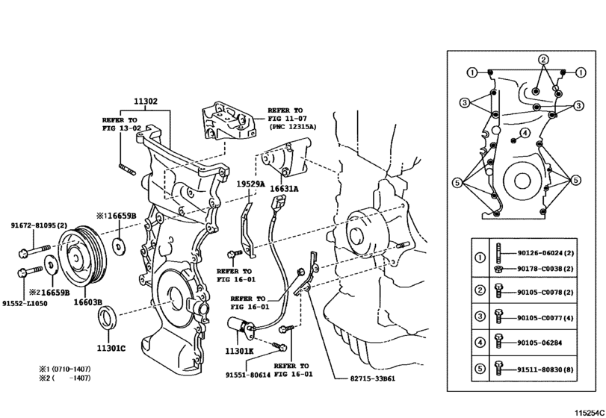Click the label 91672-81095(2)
tap(40, 225)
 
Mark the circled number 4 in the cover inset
tap(525, 133)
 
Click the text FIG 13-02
tap(120, 128)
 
